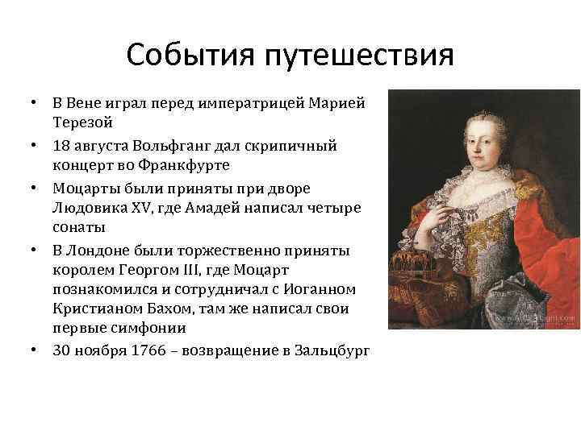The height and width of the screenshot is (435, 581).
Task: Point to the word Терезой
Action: click(84, 124)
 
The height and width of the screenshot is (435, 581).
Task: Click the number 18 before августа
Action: click(62, 145)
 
